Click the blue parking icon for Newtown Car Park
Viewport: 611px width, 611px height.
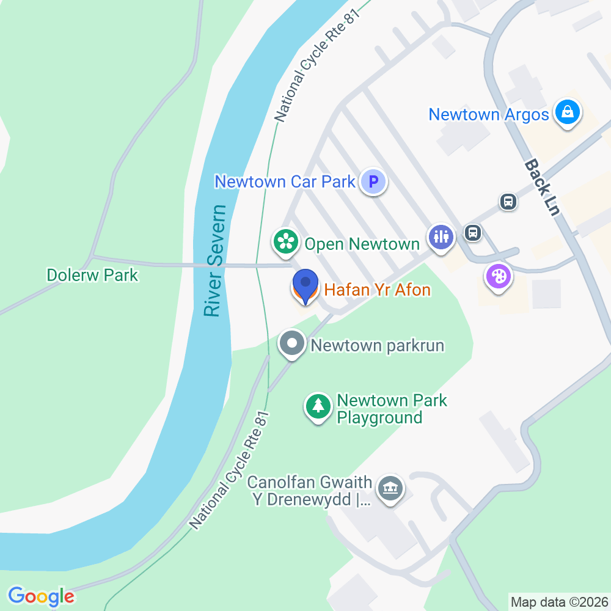(x=373, y=181)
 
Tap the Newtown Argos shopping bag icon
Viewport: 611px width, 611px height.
(x=568, y=112)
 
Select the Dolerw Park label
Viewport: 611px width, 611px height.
(x=92, y=275)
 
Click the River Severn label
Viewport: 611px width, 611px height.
(x=214, y=261)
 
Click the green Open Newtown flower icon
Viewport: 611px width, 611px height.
(x=285, y=242)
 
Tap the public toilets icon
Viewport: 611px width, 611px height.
(x=441, y=235)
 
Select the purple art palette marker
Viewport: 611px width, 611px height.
(x=499, y=277)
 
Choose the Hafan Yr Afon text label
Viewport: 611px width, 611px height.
(x=378, y=290)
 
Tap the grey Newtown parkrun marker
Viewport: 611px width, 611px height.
(x=292, y=343)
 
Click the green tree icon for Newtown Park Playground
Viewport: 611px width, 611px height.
(x=318, y=406)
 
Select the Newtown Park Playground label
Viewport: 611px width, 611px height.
(x=392, y=409)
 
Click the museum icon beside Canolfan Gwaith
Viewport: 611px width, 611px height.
(x=389, y=488)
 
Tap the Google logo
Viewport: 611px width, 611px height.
(x=41, y=596)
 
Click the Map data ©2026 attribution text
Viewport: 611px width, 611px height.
(x=559, y=602)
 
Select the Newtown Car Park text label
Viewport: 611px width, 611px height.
(x=285, y=181)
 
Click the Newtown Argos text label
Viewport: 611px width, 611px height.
(x=489, y=114)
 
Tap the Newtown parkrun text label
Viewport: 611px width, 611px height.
(x=377, y=346)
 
